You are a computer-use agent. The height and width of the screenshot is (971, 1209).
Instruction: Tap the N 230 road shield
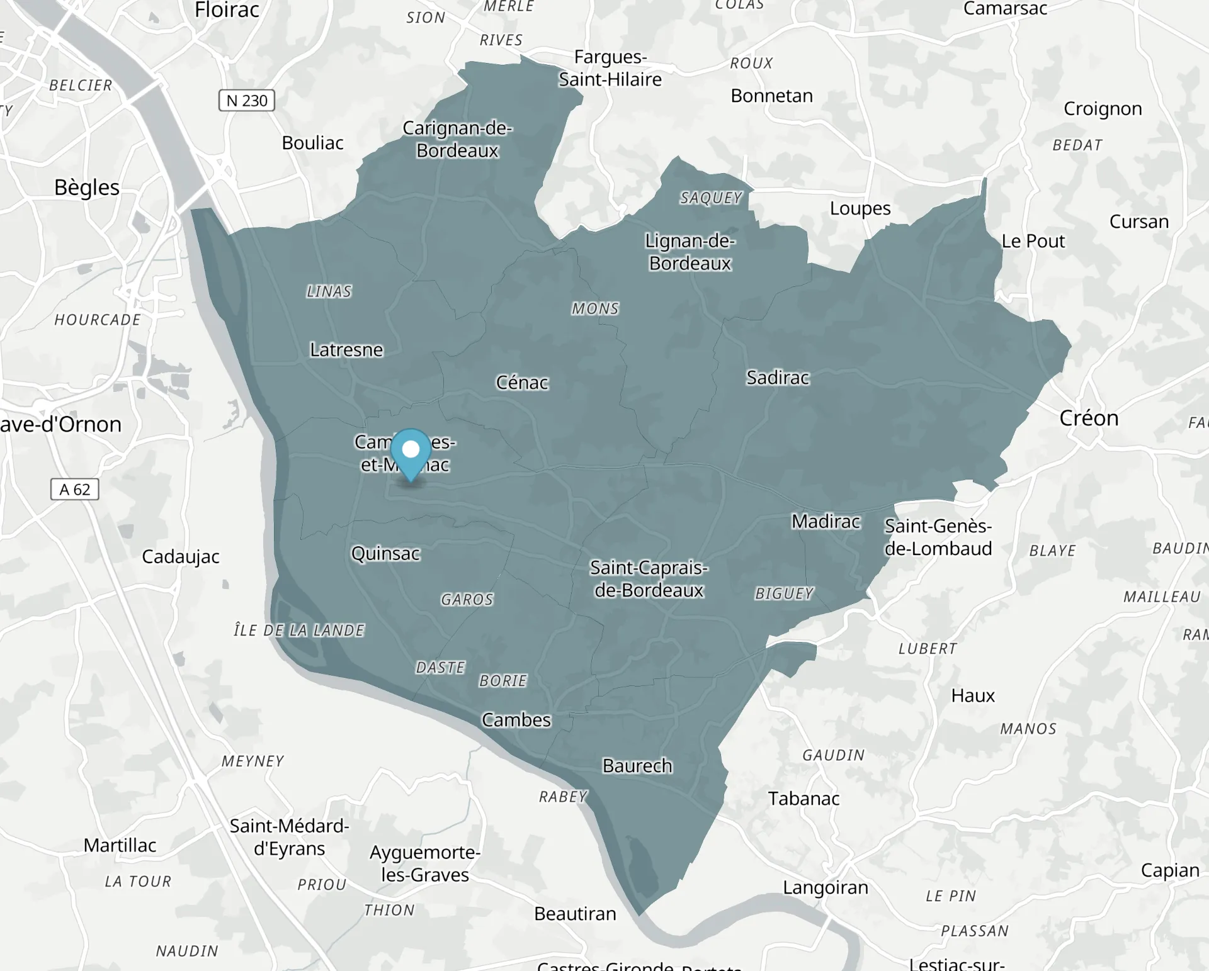coord(247,101)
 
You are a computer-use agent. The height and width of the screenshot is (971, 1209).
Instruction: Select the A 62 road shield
coord(74,490)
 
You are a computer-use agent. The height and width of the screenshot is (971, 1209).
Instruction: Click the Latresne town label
coord(346,350)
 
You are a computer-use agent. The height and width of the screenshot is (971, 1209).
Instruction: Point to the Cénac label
coord(522,383)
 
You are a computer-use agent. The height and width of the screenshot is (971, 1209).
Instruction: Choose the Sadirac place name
coord(778,378)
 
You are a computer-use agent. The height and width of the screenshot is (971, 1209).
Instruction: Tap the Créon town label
coord(1089,418)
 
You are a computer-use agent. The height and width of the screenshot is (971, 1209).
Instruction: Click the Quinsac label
coord(385,554)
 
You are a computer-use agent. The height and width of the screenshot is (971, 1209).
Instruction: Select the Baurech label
coord(637,766)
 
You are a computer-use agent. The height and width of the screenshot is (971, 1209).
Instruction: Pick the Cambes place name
coord(516,720)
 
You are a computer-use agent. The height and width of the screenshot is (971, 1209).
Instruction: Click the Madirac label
coord(826,522)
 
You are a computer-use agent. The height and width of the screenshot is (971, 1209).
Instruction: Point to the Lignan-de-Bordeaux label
coord(690,252)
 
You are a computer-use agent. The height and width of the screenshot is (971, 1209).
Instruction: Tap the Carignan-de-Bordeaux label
coord(457,139)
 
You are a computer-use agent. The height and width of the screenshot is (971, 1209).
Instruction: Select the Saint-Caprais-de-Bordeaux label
coord(649,579)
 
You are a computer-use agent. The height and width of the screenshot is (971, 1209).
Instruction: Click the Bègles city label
coord(87,188)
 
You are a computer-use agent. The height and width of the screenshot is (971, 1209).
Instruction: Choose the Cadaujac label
coord(181,557)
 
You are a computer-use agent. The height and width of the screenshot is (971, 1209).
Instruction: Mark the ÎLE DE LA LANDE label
coord(299,631)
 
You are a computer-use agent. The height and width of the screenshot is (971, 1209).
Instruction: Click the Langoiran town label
coord(826,888)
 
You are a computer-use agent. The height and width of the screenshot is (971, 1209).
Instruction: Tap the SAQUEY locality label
coord(711,198)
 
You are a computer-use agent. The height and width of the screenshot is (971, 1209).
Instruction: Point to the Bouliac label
coord(312,143)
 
